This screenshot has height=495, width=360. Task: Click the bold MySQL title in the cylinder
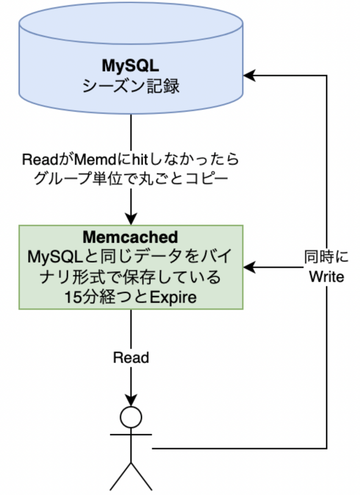(131, 66)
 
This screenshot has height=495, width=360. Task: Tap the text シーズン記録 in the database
(131, 87)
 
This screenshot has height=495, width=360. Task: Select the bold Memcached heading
(130, 237)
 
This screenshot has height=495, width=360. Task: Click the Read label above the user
(131, 357)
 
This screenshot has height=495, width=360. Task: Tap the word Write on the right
(327, 276)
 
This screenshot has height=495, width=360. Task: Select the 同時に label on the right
(327, 257)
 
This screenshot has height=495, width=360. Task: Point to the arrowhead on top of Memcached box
(131, 219)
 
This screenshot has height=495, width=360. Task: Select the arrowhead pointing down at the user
(131, 401)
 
